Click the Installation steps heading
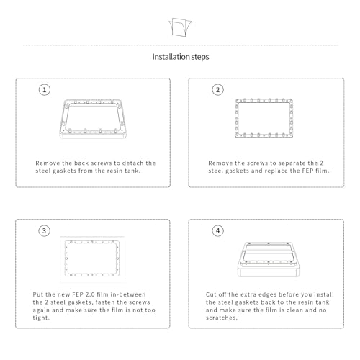click(x=181, y=57)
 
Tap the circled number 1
click(x=45, y=90)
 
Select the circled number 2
click(x=217, y=90)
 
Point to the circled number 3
click(x=45, y=231)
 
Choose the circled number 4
click(x=217, y=231)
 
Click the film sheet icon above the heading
click(x=180, y=27)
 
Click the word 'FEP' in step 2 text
click(x=307, y=171)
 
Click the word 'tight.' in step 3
click(x=41, y=318)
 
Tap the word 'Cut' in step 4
click(x=211, y=294)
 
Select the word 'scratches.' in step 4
click(x=222, y=318)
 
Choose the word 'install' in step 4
click(x=324, y=294)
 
